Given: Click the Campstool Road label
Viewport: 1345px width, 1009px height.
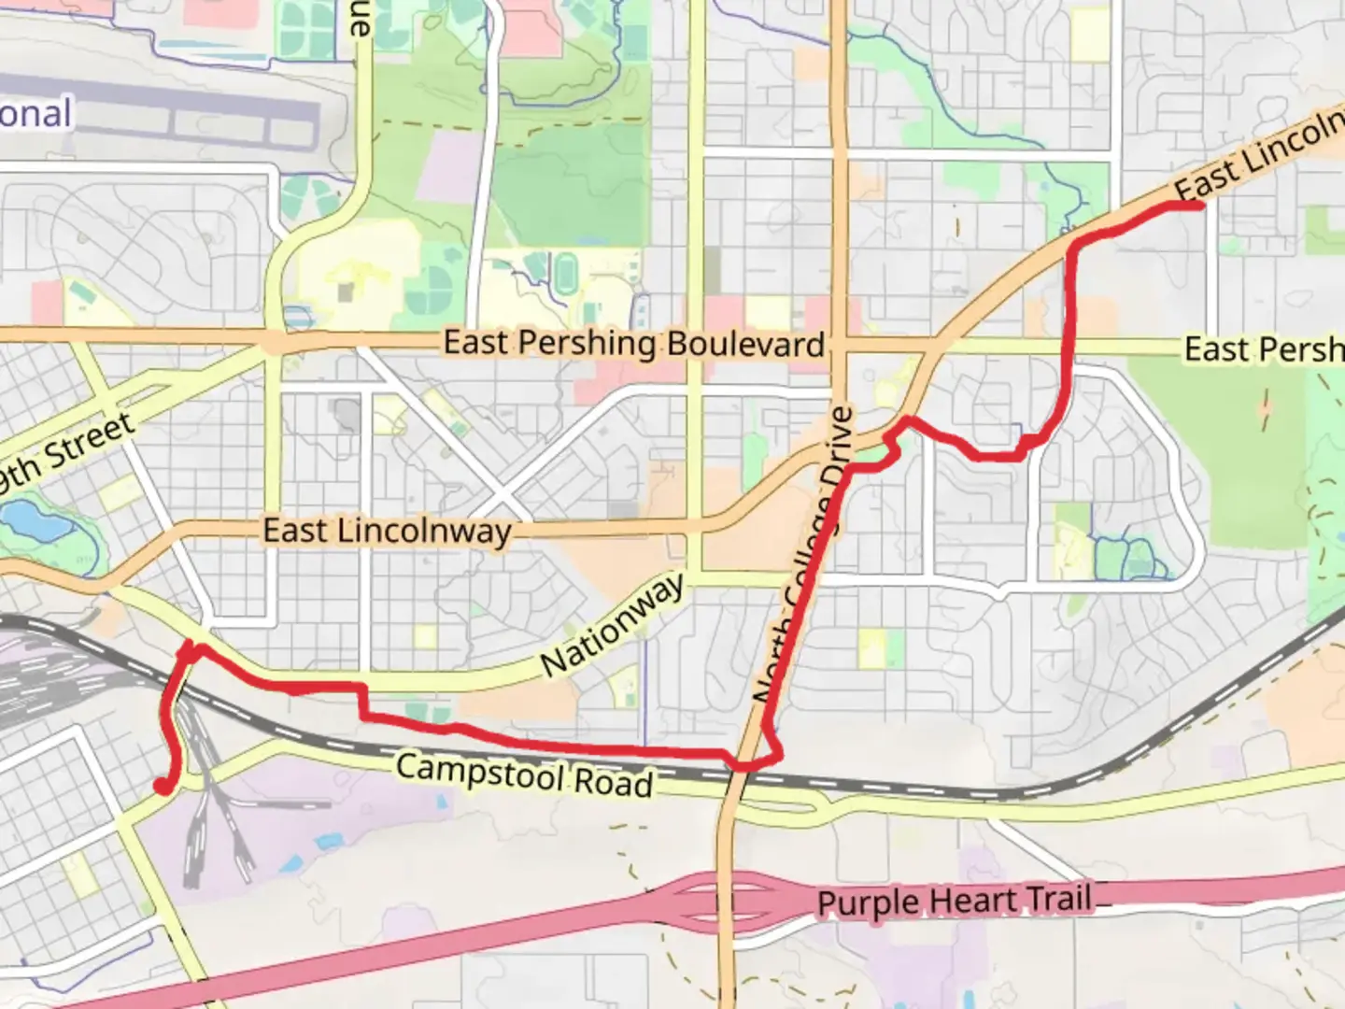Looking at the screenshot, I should click(524, 775).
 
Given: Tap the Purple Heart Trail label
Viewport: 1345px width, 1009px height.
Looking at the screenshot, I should click(954, 902).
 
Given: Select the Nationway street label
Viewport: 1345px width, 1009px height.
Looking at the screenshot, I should click(613, 625).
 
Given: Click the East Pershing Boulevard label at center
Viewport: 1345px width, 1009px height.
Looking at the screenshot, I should click(633, 343).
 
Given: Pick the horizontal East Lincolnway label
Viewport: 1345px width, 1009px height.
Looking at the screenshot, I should click(387, 531).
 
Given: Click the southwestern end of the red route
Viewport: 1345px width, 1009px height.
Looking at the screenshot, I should click(163, 787).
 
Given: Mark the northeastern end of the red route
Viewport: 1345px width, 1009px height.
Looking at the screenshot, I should click(1198, 206).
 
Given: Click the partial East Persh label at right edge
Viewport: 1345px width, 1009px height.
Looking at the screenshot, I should click(1263, 349).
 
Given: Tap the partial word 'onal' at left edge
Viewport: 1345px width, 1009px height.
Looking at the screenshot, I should click(35, 114).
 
